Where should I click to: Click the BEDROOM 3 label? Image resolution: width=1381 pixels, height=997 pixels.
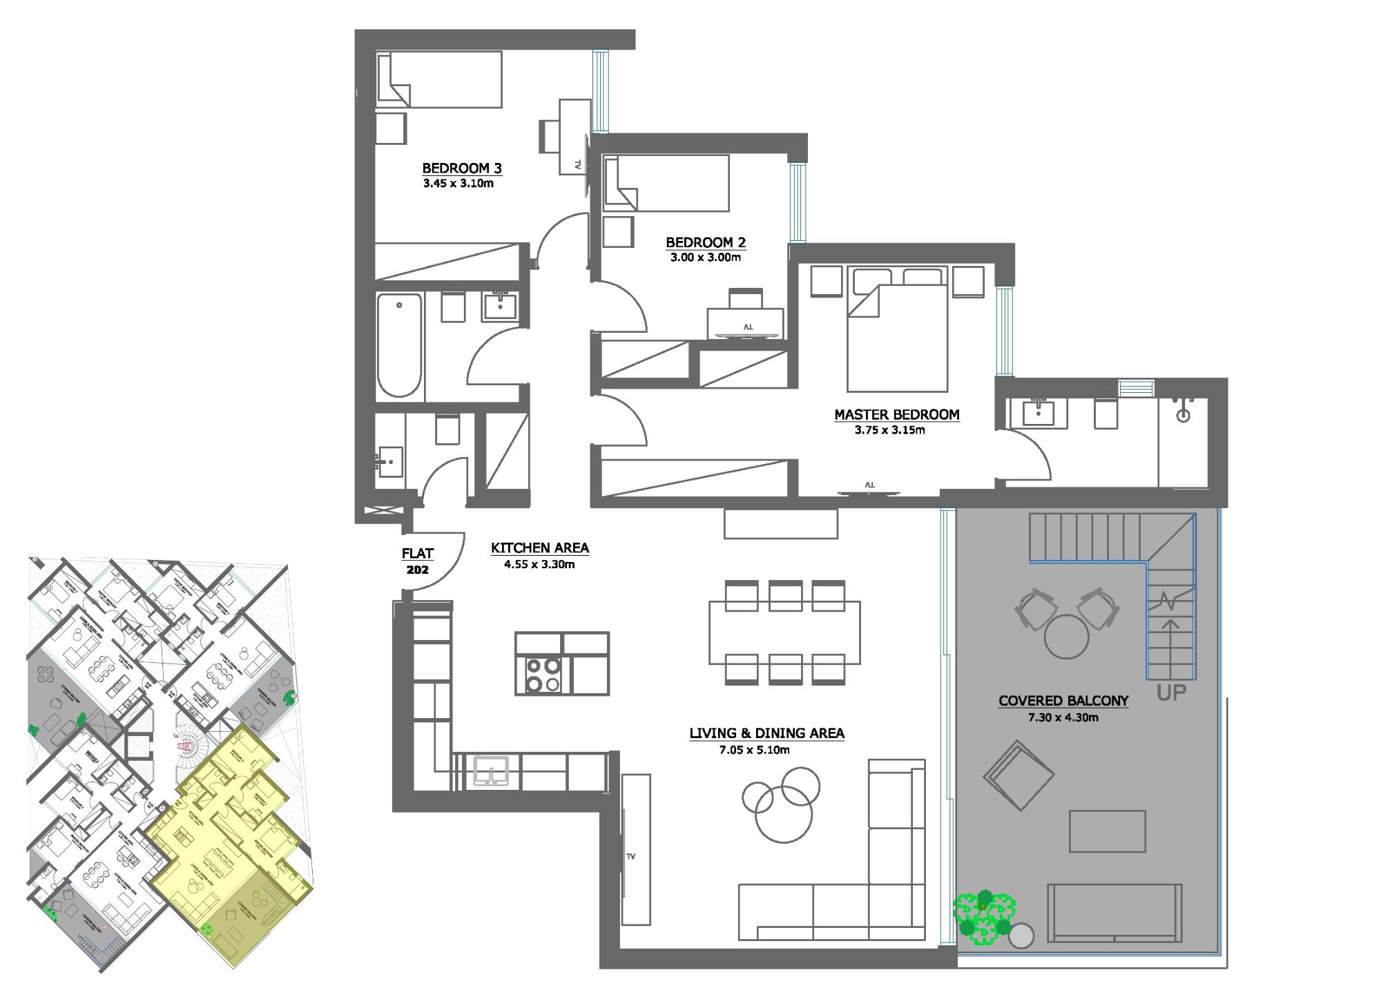click(462, 168)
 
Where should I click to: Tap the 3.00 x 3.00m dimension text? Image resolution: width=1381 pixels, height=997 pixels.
click(705, 258)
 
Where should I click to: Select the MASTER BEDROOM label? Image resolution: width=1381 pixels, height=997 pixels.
click(896, 414)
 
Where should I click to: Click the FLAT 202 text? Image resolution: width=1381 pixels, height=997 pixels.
click(418, 561)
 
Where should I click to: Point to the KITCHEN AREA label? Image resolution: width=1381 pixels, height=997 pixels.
click(539, 548)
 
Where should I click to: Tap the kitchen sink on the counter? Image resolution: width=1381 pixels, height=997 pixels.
click(491, 771)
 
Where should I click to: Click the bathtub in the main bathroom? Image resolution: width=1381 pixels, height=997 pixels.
click(399, 345)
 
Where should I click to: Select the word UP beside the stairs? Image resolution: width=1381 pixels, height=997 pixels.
click(1171, 693)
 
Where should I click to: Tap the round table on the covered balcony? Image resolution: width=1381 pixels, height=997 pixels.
click(1066, 636)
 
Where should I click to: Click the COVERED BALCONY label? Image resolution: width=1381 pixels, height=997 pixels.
click(1063, 700)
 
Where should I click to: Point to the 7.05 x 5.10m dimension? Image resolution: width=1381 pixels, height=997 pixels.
click(754, 750)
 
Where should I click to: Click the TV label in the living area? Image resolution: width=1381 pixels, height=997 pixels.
click(630, 856)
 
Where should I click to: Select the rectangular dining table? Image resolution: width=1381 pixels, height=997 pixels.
click(784, 632)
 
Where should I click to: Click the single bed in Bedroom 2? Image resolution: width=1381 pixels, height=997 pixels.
click(666, 183)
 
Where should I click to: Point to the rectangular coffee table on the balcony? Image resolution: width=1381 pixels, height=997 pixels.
click(1107, 831)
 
